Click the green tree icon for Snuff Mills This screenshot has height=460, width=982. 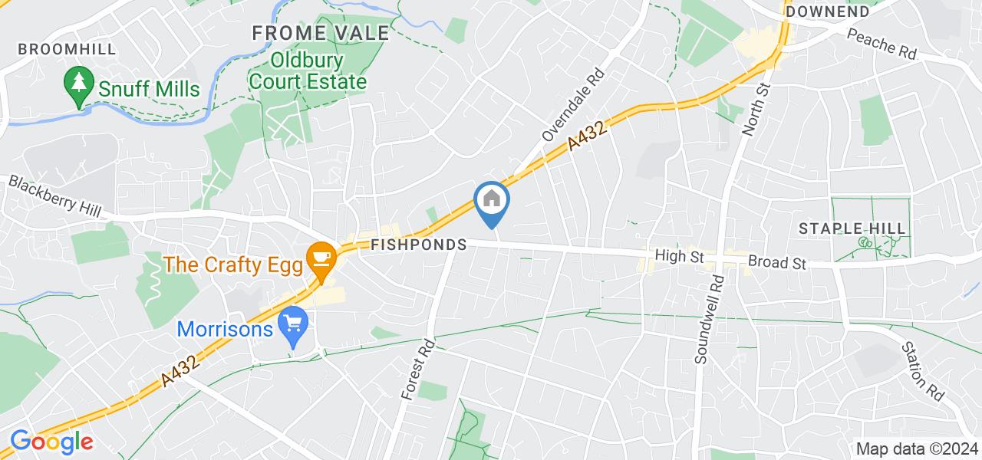point(77,87)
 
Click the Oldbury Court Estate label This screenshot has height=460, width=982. point(317,71)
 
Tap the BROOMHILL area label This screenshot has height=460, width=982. point(68,50)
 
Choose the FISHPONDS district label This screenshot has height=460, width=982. point(418,245)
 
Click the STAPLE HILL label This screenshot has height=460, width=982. point(852,228)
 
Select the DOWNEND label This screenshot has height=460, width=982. point(827,11)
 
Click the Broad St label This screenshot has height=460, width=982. point(777,262)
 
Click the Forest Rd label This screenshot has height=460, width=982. point(418,370)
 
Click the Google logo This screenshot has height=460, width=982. point(51,442)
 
